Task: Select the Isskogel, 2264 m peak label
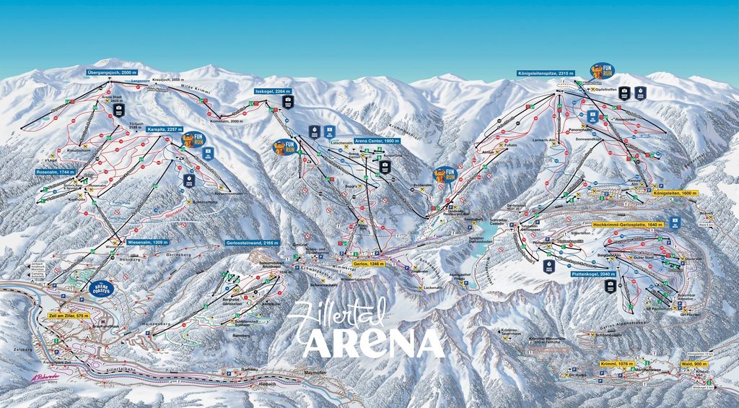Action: pyautogui.click(x=273, y=92)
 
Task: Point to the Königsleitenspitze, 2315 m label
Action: pyautogui.click(x=546, y=73)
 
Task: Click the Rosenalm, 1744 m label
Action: pyautogui.click(x=56, y=173)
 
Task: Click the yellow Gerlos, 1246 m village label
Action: pyautogui.click(x=369, y=264)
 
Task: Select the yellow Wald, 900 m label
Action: pyautogui.click(x=695, y=364)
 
